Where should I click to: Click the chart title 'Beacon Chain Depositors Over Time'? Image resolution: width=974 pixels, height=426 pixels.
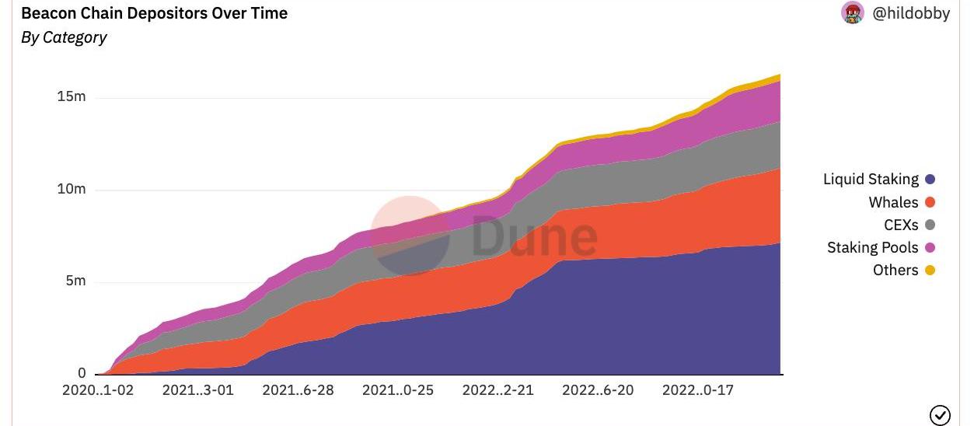[154, 13]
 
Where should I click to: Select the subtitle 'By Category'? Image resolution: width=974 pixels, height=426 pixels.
[64, 37]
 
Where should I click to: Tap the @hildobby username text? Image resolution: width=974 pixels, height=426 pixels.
[911, 13]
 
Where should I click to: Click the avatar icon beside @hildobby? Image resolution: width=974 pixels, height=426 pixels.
[853, 13]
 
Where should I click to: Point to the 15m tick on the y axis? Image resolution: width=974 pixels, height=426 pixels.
[71, 97]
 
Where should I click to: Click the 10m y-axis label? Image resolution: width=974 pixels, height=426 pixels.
[71, 190]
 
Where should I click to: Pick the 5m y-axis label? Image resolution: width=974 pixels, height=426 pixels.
[75, 281]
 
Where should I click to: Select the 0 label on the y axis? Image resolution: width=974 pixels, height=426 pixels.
[81, 373]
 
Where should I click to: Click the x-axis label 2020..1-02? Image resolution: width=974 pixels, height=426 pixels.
[98, 390]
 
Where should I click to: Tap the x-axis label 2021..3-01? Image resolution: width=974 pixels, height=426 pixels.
[197, 390]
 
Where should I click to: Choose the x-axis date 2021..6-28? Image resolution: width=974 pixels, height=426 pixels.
[298, 390]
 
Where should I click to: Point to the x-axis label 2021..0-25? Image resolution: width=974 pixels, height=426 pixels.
[398, 390]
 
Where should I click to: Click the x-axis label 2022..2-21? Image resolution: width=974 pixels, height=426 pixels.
[498, 390]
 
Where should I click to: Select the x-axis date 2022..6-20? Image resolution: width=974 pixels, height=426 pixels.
[598, 390]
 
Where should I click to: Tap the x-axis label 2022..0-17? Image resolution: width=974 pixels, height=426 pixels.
[698, 390]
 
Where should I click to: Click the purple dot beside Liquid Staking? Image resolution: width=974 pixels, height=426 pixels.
[930, 180]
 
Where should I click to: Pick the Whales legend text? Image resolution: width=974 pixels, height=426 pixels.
[893, 202]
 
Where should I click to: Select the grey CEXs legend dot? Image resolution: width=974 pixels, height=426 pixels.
[930, 225]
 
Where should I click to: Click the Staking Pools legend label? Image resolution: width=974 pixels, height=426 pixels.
[872, 248]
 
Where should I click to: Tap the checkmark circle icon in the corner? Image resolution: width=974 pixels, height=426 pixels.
[940, 415]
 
